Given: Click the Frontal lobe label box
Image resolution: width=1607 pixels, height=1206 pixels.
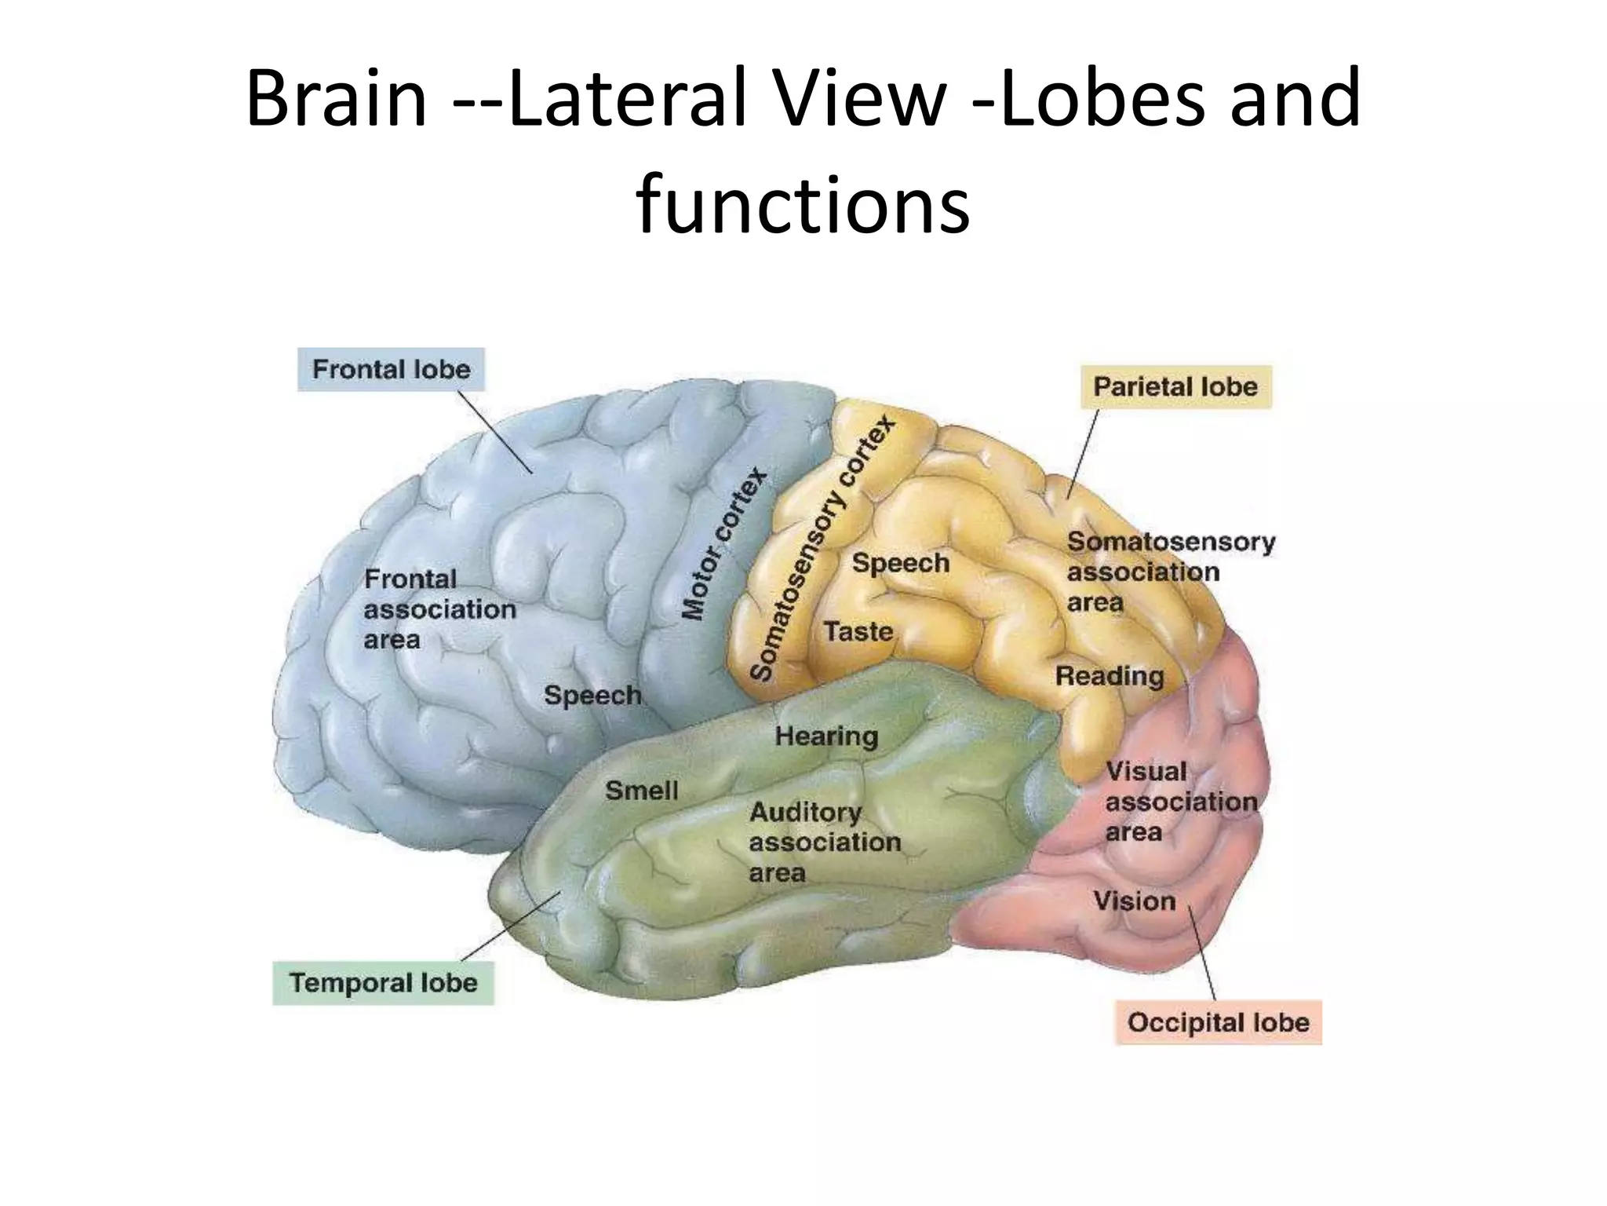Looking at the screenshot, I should (x=391, y=370).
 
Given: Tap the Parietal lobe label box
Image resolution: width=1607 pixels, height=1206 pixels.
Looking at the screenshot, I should (x=1175, y=387).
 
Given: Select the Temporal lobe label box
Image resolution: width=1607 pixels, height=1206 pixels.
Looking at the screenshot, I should (x=383, y=983).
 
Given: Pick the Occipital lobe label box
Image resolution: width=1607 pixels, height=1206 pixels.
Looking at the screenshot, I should (x=1218, y=1023).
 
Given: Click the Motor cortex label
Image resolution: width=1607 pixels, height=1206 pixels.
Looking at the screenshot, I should (x=723, y=543).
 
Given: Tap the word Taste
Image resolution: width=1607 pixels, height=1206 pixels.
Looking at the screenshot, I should (x=858, y=631).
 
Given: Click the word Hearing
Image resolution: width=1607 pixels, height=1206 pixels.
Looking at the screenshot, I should (x=826, y=736).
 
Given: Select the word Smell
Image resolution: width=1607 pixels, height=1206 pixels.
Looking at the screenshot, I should (x=641, y=791).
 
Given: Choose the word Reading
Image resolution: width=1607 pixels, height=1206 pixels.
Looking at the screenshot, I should (x=1109, y=676).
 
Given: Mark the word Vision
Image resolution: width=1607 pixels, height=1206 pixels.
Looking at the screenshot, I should (x=1135, y=901).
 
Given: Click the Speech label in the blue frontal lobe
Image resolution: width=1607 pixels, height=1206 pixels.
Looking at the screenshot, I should (x=592, y=696).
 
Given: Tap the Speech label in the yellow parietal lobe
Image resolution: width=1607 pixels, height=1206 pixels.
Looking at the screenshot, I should (x=900, y=563).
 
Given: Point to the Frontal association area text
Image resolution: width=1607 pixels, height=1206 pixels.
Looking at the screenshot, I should (x=439, y=609).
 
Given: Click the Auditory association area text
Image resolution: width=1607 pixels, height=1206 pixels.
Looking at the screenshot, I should (x=824, y=842).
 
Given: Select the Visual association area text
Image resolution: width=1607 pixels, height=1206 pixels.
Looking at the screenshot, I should (x=1181, y=802).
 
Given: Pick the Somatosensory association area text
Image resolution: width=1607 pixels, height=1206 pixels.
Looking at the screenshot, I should (x=1170, y=572).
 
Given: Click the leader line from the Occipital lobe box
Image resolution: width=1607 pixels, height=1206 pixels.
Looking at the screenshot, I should (x=1202, y=954).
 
